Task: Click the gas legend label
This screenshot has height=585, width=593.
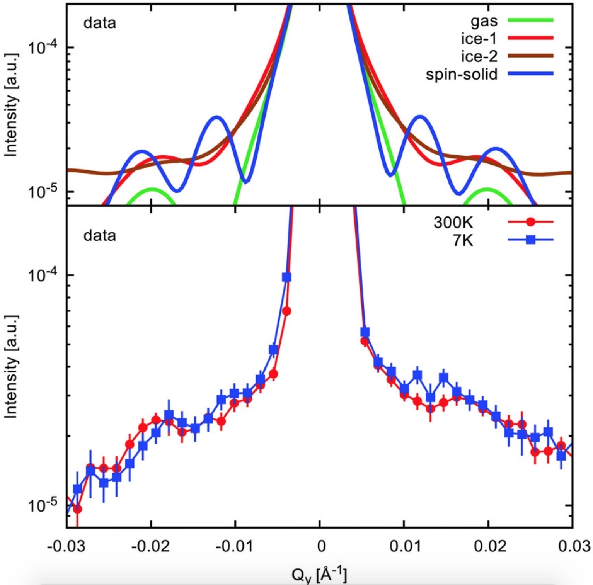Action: [484, 21]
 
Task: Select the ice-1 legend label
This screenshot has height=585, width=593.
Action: [479, 39]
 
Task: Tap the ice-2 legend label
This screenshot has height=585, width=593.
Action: [479, 56]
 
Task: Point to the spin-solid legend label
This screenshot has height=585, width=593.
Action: [462, 74]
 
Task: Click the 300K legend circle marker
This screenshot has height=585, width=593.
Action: [531, 222]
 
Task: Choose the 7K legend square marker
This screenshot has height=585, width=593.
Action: [531, 240]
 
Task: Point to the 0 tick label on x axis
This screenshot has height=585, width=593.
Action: [320, 547]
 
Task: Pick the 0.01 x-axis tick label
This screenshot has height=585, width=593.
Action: [404, 547]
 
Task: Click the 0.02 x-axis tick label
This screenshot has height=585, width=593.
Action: [488, 547]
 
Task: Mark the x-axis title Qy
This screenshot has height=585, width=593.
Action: [319, 575]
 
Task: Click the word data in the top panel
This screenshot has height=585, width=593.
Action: [99, 23]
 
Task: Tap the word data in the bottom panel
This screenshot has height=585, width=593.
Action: [99, 235]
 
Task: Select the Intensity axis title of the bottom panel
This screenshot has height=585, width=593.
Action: [11, 367]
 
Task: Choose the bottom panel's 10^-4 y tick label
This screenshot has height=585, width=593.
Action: [43, 275]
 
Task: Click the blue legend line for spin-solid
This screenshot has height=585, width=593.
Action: [530, 74]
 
